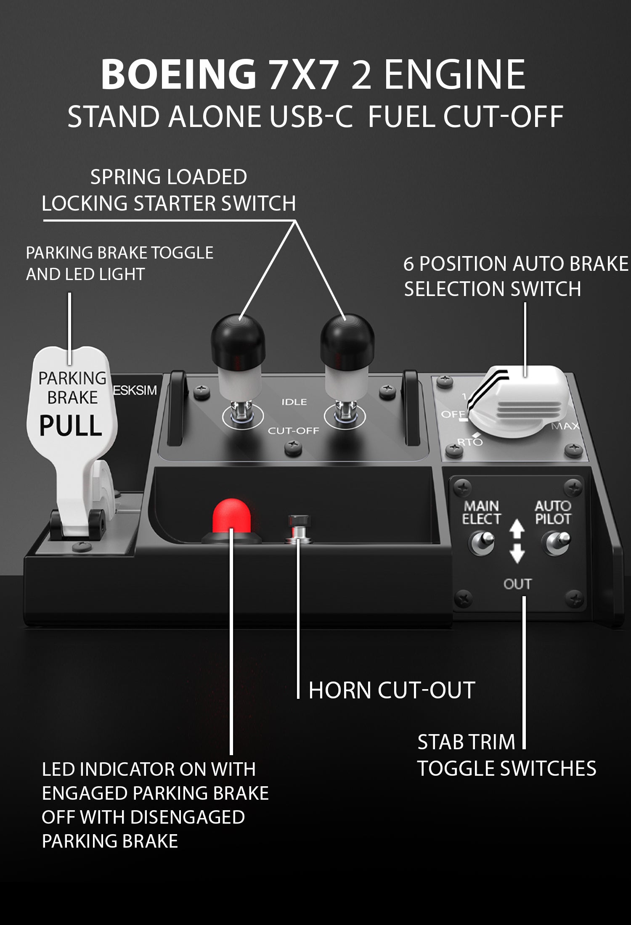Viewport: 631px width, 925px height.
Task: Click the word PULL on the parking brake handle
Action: click(71, 425)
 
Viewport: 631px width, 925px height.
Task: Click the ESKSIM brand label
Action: click(135, 390)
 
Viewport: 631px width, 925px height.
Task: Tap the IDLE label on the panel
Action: click(294, 402)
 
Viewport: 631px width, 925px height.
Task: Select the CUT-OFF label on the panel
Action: click(294, 431)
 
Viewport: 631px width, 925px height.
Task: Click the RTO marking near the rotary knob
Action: click(469, 442)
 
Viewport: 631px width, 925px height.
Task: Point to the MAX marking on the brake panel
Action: click(565, 426)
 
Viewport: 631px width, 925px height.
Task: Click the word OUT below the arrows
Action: click(517, 584)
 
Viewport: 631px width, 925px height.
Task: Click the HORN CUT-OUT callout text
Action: click(392, 690)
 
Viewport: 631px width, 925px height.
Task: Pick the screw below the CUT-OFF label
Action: click(293, 447)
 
